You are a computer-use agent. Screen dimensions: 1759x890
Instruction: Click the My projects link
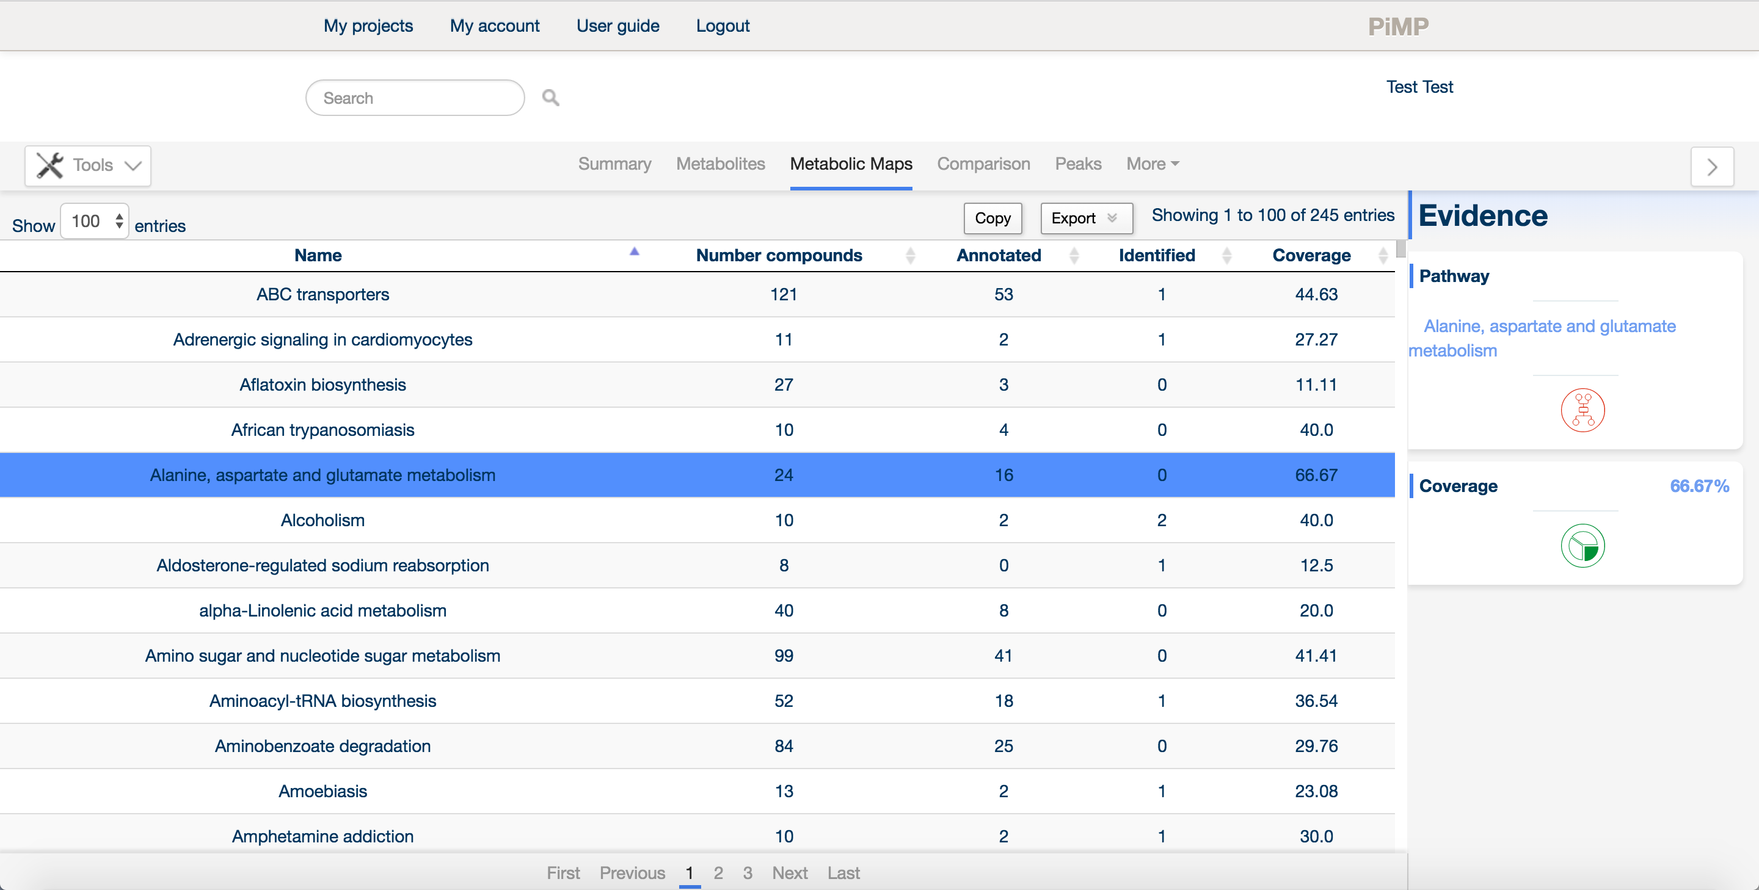tap(368, 26)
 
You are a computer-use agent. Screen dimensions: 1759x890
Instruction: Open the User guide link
tap(617, 26)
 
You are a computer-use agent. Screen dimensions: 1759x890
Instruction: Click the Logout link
tap(723, 26)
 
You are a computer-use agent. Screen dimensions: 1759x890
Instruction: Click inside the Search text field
tap(415, 98)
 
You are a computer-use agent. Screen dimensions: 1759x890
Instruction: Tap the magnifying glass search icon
tap(550, 98)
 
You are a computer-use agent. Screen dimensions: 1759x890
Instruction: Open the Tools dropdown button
tap(88, 165)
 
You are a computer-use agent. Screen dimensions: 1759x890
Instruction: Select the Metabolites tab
tap(721, 164)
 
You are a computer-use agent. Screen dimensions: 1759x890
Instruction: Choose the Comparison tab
tap(983, 164)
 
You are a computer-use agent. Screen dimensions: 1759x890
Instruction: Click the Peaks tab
tap(1078, 164)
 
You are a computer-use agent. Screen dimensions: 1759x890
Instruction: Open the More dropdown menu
tap(1153, 164)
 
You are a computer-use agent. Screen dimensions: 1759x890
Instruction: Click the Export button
tap(1086, 218)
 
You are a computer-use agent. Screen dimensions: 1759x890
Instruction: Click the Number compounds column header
tap(779, 255)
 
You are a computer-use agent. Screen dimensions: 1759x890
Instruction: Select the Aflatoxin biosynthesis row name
tap(322, 385)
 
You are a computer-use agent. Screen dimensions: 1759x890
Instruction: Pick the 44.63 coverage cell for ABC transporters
tap(1316, 294)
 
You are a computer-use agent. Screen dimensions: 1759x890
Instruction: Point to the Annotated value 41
tap(1003, 656)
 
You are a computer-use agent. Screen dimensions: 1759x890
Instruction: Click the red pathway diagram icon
tap(1582, 410)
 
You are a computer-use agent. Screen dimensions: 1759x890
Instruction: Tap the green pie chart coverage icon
tap(1582, 546)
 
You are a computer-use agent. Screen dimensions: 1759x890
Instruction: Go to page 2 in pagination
tap(718, 873)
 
